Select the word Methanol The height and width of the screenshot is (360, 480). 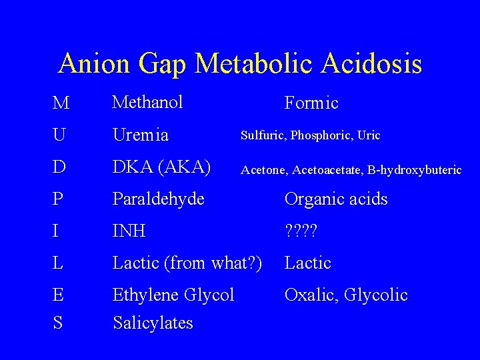[147, 102]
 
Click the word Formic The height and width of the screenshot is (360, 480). [311, 103]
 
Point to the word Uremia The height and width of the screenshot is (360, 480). [140, 135]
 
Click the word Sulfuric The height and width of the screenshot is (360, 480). [263, 135]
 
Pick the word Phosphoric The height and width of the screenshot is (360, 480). [322, 135]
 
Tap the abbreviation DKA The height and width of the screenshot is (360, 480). [135, 167]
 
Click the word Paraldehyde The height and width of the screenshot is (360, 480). [159, 199]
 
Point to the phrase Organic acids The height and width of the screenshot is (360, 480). [336, 199]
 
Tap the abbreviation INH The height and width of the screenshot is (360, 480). [129, 231]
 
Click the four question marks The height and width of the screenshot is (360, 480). [302, 231]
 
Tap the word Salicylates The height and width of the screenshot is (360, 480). [153, 323]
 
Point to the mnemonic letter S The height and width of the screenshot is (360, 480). [59, 323]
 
